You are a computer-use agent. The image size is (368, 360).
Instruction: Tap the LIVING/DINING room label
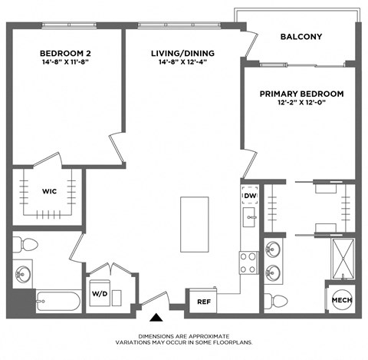182,53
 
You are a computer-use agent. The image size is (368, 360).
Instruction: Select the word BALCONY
301,37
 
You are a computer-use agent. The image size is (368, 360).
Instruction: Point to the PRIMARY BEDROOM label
301,94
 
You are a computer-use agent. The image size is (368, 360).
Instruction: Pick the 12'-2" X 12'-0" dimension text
301,104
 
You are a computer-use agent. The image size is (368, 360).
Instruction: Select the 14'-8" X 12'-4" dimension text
182,64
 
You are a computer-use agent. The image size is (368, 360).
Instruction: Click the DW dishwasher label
249,197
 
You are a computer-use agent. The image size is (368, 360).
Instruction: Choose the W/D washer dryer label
100,294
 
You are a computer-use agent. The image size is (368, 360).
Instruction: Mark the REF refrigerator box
204,301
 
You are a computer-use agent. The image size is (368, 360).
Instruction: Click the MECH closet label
340,299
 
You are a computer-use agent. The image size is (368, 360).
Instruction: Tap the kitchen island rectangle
194,223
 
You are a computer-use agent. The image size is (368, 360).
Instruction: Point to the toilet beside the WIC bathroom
26,245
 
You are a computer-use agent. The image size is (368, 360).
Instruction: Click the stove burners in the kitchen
248,263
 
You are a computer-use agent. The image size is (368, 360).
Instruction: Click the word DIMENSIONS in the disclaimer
159,336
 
